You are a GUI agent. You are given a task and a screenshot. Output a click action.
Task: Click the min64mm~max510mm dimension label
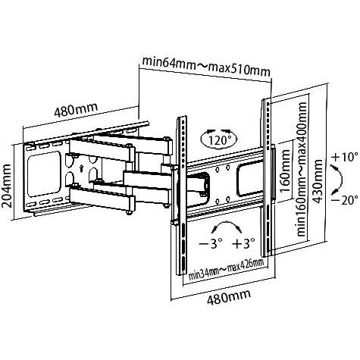pos(206,67)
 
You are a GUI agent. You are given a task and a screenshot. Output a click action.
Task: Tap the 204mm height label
pos(7,186)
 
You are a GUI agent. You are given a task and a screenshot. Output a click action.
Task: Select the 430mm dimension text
pos(318,181)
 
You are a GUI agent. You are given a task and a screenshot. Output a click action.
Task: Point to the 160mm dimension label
pos(286,171)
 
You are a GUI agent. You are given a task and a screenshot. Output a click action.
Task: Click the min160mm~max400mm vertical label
pos(302,169)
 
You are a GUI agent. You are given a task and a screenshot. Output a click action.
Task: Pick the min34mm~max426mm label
pos(227,269)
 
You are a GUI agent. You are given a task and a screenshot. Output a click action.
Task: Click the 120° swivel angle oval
pos(219,139)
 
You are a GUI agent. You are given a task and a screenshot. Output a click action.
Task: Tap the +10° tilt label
pos(345,157)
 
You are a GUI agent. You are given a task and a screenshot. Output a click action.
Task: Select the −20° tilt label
pos(345,201)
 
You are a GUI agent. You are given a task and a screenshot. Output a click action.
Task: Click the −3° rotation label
pos(211,244)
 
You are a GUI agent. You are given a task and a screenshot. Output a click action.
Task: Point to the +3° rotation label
pos(243,244)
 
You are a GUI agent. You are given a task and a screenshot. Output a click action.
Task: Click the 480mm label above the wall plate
pos(76,109)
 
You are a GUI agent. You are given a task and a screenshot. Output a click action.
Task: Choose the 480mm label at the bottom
pos(229,297)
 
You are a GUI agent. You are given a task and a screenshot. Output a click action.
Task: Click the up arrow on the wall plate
pos(81,168)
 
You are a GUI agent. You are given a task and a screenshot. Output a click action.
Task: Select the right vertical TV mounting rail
pos(267,177)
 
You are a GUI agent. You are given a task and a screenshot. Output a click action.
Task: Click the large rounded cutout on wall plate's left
pos(44,174)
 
